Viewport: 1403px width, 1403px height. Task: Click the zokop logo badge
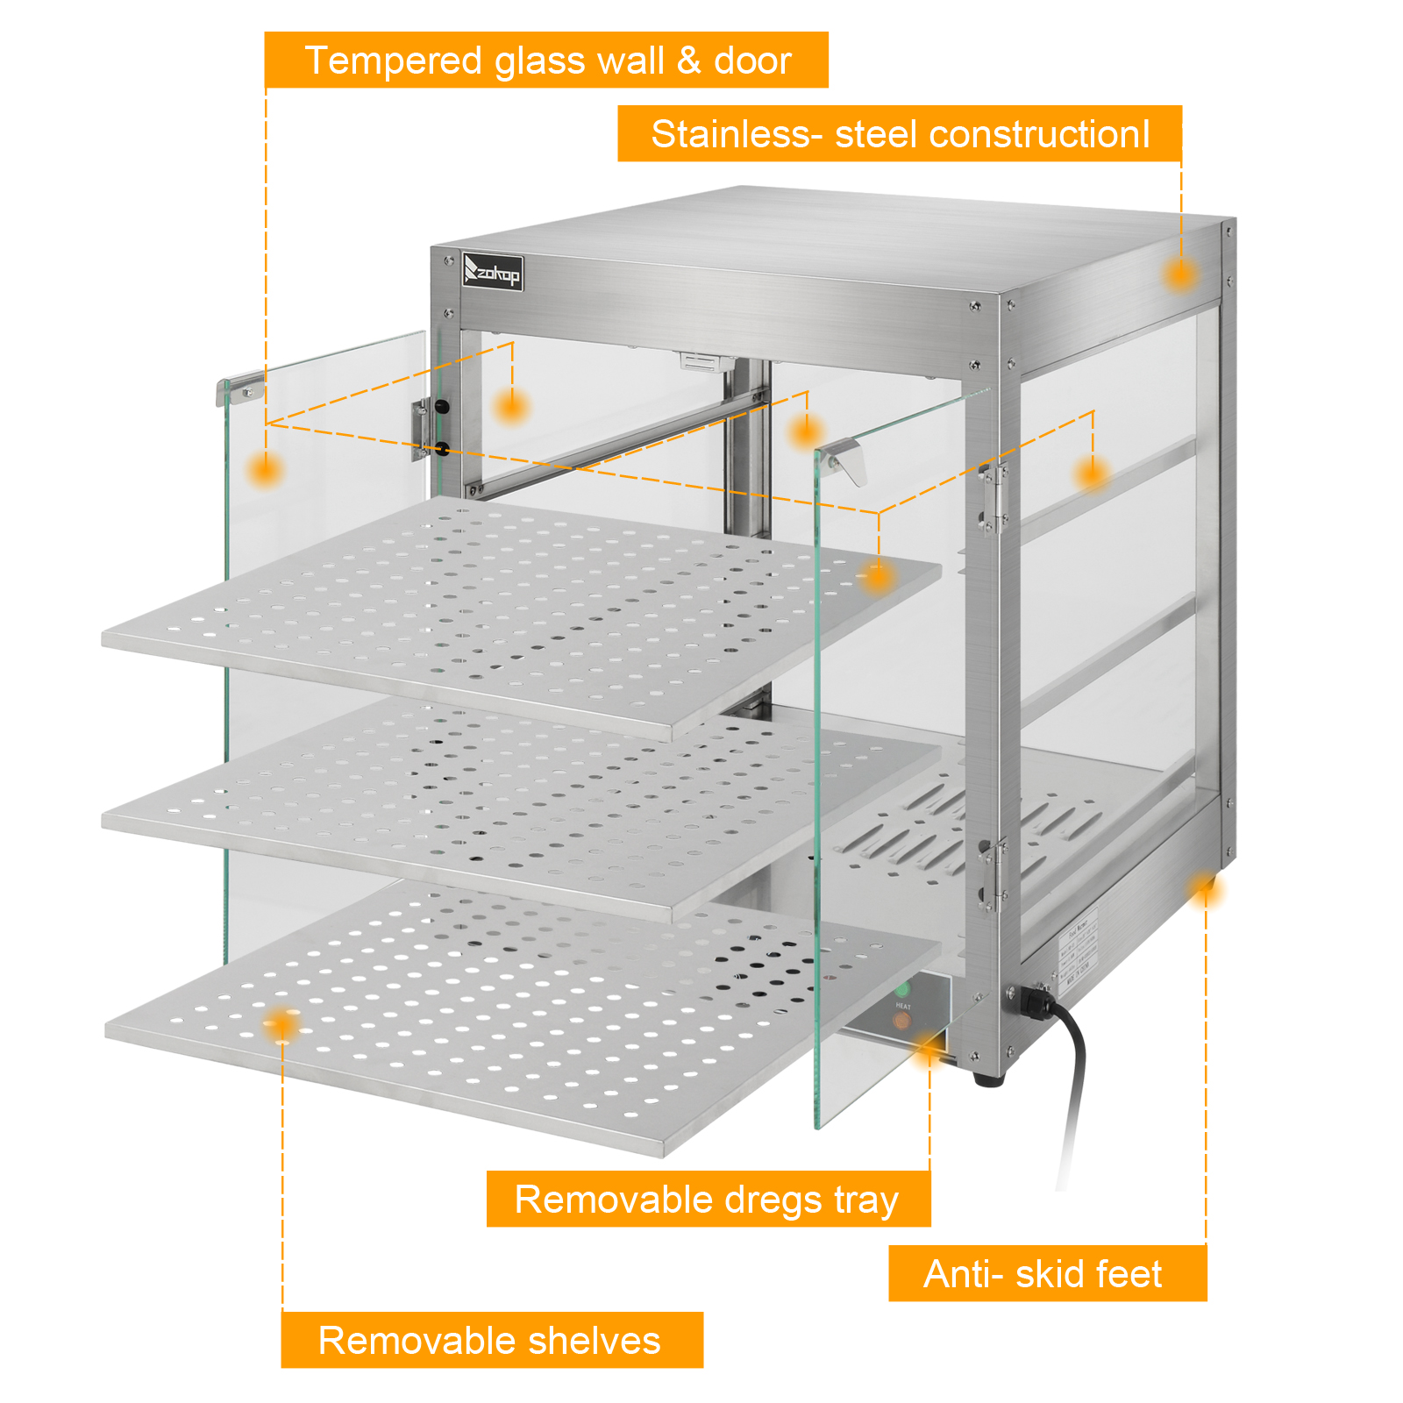tap(493, 272)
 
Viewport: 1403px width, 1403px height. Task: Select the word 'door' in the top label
tap(752, 61)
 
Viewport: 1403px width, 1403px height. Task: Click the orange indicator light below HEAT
tap(901, 1021)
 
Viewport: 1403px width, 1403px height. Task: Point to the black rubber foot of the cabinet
tap(989, 1079)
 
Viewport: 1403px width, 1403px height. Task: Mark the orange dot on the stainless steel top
tap(1180, 274)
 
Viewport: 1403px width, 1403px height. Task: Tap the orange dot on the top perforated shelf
tap(877, 576)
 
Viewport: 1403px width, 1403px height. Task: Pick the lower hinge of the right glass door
tap(993, 872)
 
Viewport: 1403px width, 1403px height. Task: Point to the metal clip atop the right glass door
tap(844, 459)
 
